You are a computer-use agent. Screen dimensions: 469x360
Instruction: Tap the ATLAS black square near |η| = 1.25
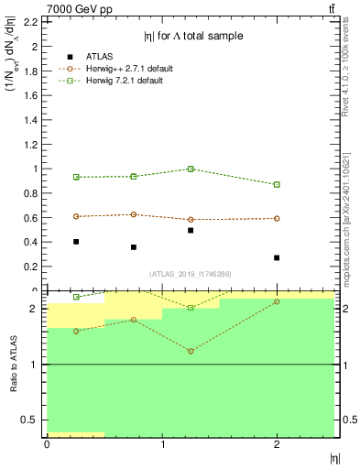coord(191,231)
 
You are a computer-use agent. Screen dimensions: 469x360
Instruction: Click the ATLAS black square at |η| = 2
coord(277,257)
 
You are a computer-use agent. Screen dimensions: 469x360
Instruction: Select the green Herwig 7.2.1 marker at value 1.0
coord(191,169)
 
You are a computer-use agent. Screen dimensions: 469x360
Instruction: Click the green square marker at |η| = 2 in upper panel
coord(277,184)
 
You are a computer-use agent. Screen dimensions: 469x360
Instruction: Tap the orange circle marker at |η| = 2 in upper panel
coord(277,218)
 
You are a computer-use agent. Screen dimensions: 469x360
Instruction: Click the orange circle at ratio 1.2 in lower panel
coord(191,352)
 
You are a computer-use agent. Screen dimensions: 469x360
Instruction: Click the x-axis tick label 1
coord(162,444)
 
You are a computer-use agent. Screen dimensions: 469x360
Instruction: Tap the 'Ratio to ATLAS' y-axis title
coord(13,364)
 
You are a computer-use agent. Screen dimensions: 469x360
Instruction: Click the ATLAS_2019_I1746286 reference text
coord(191,274)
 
